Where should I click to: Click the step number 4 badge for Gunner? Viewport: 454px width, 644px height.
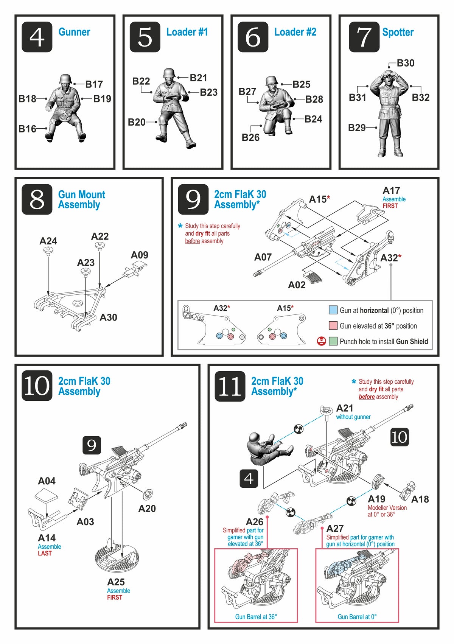(x=37, y=37)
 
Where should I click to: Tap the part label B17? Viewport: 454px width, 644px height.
(x=94, y=84)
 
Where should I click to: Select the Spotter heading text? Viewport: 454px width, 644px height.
(x=398, y=33)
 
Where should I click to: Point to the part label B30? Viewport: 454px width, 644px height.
(x=406, y=63)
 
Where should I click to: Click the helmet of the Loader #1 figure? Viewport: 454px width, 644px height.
(x=169, y=73)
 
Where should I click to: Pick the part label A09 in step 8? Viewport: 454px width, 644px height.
(x=139, y=255)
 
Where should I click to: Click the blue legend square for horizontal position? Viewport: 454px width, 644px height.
(x=333, y=310)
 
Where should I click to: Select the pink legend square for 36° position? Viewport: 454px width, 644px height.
(x=333, y=326)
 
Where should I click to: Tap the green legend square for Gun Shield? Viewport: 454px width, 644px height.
(x=333, y=341)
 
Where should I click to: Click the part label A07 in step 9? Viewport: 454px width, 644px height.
(x=263, y=257)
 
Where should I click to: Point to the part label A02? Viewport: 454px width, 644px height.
(x=297, y=285)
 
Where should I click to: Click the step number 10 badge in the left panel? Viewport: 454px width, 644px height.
(x=37, y=386)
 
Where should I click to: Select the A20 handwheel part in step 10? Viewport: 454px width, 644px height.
(x=148, y=494)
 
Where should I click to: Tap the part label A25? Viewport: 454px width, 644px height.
(x=116, y=582)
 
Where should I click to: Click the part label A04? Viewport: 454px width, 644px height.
(x=47, y=481)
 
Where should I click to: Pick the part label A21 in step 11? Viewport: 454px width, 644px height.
(x=345, y=408)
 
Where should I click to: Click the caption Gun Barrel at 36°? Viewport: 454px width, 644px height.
(x=256, y=617)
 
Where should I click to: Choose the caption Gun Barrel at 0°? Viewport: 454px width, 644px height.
(x=357, y=617)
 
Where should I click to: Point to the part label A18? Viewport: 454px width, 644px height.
(x=420, y=499)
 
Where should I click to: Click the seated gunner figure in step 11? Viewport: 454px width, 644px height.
(x=265, y=562)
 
